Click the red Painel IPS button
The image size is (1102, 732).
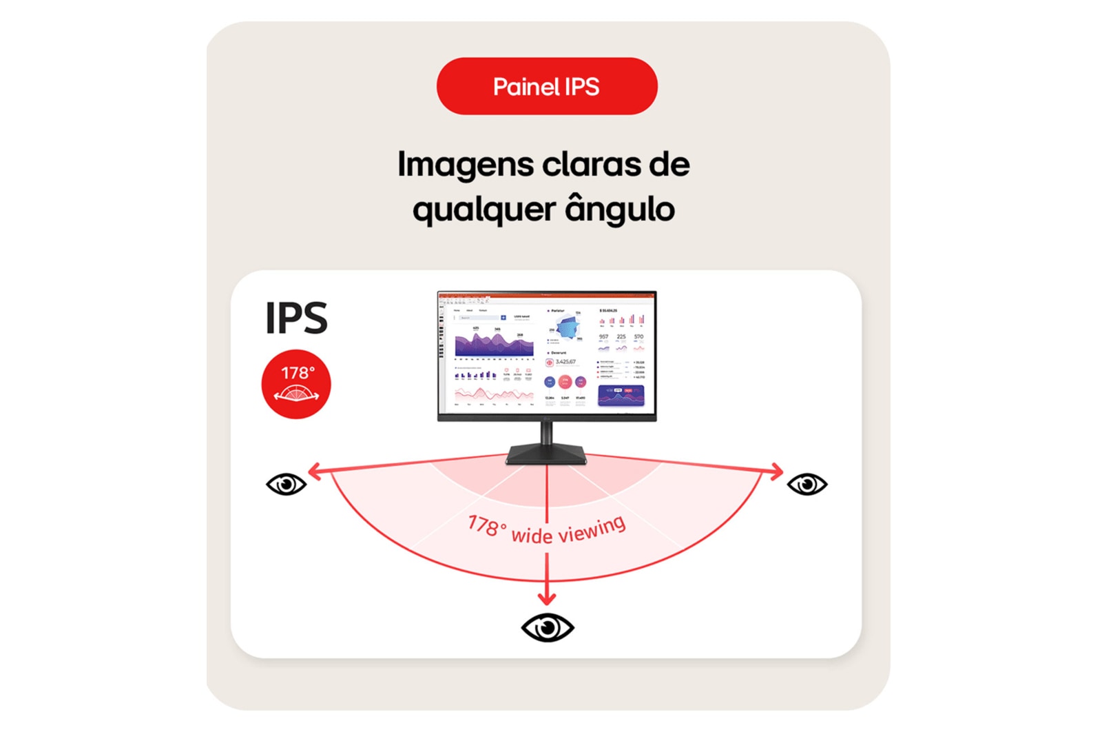pyautogui.click(x=547, y=86)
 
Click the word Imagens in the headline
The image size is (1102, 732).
pyautogui.click(x=466, y=165)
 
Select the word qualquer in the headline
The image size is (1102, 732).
pyautogui.click(x=484, y=210)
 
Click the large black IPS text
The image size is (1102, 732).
pyautogui.click(x=296, y=318)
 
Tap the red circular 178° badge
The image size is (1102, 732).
pyautogui.click(x=296, y=384)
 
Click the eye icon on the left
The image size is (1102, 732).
pyautogui.click(x=286, y=485)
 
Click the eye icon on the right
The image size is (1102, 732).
pyautogui.click(x=807, y=485)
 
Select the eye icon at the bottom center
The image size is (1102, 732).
pyautogui.click(x=548, y=627)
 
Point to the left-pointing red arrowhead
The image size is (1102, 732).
pyautogui.click(x=314, y=471)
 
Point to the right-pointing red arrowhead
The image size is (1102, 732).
pyautogui.click(x=778, y=471)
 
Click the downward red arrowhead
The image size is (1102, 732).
pyautogui.click(x=547, y=597)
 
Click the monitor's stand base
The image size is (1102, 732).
pyautogui.click(x=546, y=455)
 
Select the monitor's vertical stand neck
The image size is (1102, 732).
pyautogui.click(x=546, y=434)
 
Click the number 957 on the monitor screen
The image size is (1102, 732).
pyautogui.click(x=603, y=337)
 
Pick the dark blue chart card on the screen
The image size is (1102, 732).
pyautogui.click(x=621, y=395)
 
